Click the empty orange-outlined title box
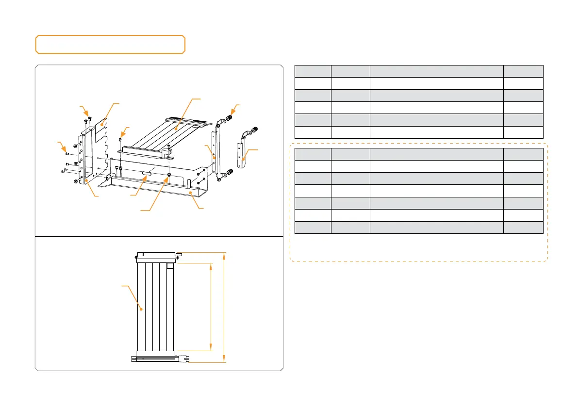110,44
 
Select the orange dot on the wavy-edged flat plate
101,125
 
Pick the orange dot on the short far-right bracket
245,158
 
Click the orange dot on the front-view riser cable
141,308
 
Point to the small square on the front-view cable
170,266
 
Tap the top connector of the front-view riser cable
158,255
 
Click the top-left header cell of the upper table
313,71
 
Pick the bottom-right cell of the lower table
523,228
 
